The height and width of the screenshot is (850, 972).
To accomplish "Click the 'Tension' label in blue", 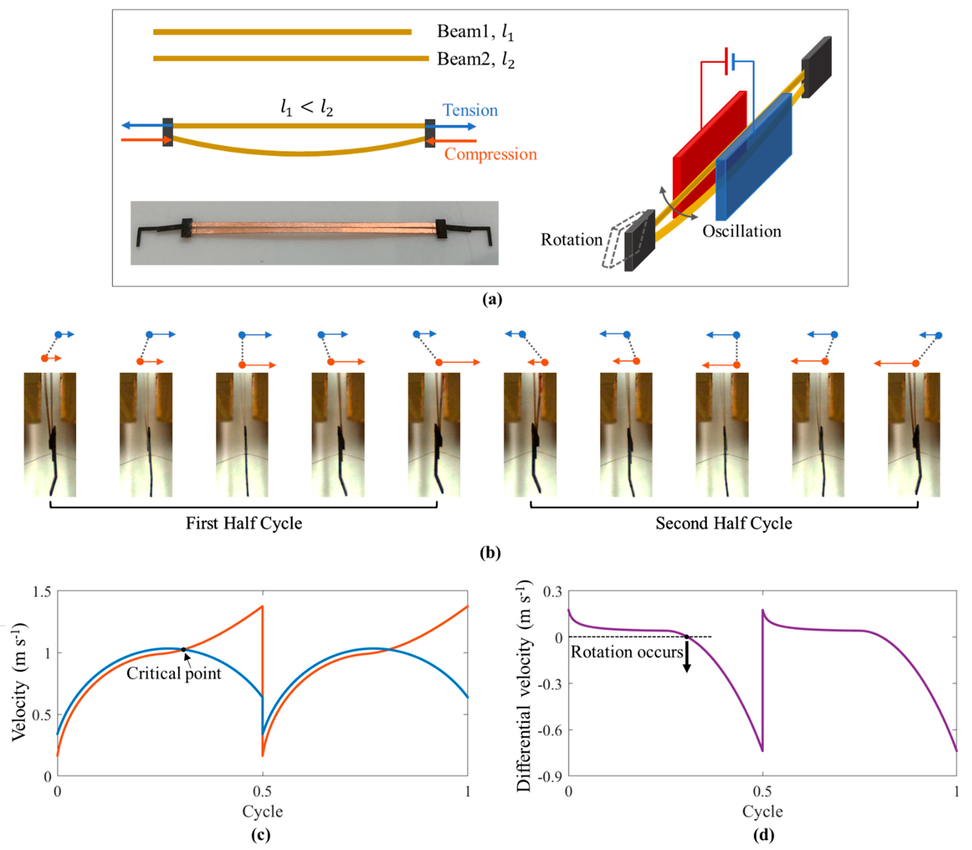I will coord(470,110).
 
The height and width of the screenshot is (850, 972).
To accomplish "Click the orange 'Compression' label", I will coord(490,154).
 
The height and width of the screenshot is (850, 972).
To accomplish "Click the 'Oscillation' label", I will coord(741,232).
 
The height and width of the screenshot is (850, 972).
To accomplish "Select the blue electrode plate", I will coord(759,161).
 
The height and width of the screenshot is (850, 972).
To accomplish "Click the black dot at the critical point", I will coord(183,649).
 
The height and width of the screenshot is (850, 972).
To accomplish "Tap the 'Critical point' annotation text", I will coord(174,673).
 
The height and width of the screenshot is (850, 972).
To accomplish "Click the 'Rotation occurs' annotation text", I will coord(626,652).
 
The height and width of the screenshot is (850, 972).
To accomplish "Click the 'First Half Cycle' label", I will coord(244,523).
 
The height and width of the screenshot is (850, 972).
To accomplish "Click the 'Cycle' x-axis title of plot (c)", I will coord(262,811).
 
